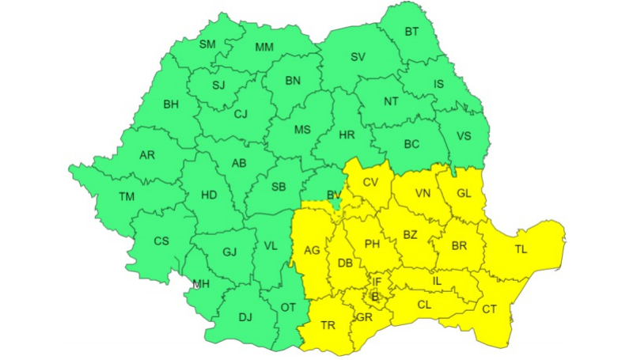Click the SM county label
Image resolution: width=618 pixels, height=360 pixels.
[x=207, y=44]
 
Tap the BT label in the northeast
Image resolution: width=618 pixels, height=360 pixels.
[x=411, y=32]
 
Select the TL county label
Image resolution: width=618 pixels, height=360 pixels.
[x=521, y=249]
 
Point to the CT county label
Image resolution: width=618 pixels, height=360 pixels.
[x=490, y=309]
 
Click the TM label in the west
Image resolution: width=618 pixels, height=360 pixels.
[x=127, y=196]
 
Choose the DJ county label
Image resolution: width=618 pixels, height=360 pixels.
[x=245, y=318]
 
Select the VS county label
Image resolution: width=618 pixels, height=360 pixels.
[x=464, y=136]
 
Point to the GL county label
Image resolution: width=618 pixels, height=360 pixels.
[x=464, y=194]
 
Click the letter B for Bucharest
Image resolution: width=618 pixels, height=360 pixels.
[x=375, y=297]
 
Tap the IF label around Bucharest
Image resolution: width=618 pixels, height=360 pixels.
[x=377, y=281]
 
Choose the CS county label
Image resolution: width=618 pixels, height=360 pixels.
[x=161, y=241]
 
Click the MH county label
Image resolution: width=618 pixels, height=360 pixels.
[x=202, y=284]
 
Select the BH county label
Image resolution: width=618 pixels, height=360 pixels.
[x=171, y=104]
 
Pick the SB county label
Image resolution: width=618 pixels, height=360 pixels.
[x=279, y=188]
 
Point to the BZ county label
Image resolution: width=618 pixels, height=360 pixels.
[x=410, y=235]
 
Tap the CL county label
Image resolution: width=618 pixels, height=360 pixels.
[x=424, y=304]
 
